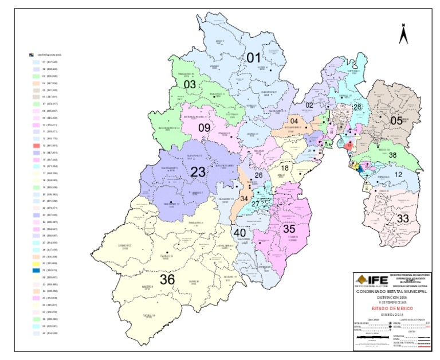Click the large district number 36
click(167, 280)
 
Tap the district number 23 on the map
click(198, 171)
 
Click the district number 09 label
click(205, 127)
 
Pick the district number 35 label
click(289, 228)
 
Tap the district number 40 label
click(239, 232)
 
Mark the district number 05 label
click(396, 120)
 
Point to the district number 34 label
click(245, 198)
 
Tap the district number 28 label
click(357, 107)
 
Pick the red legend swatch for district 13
click(36, 146)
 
